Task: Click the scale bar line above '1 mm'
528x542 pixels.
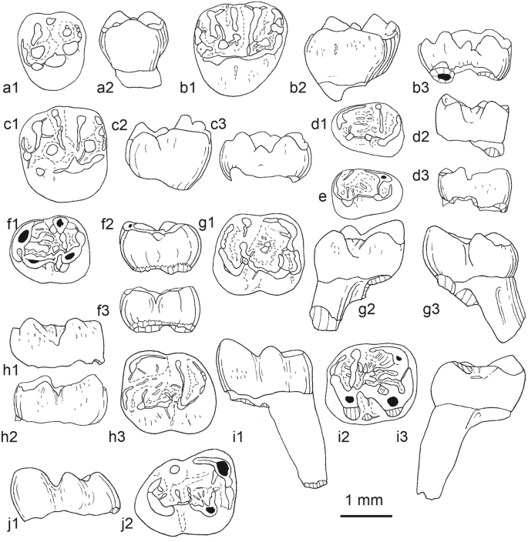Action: click(367, 516)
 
